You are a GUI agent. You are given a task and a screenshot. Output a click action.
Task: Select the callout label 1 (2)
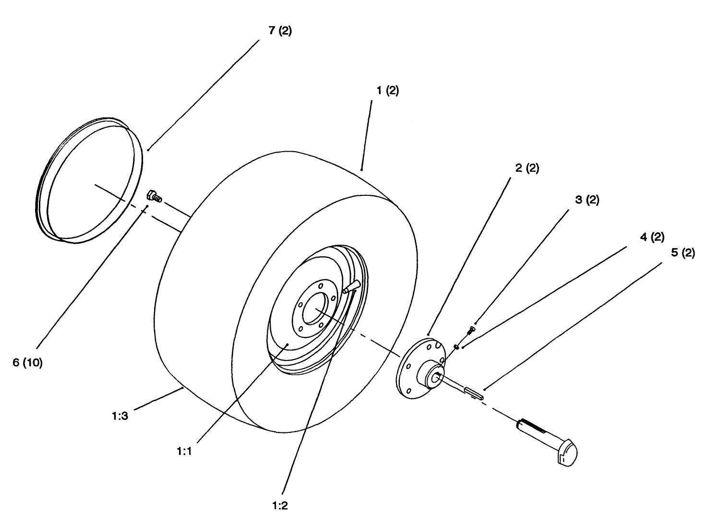387,91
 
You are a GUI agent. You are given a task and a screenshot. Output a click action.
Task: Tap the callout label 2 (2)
527,168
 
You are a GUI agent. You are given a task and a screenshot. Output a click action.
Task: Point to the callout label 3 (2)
587,200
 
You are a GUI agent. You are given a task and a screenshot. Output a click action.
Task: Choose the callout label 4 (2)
652,237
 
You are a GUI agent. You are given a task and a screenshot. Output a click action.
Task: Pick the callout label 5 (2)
683,252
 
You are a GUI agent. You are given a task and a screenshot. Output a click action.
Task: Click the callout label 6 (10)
27,363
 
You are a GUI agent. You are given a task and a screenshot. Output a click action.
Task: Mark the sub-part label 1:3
120,417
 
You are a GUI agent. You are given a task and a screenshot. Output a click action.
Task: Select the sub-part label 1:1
184,452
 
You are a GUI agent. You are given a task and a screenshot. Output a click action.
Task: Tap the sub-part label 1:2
280,505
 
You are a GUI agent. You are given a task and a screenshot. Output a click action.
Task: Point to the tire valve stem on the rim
351,286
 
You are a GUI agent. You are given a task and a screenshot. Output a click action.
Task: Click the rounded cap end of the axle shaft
569,453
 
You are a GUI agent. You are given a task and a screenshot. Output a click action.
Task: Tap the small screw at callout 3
470,330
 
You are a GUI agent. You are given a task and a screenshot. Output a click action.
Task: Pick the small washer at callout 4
456,346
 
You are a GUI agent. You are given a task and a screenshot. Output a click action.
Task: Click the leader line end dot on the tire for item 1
361,169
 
